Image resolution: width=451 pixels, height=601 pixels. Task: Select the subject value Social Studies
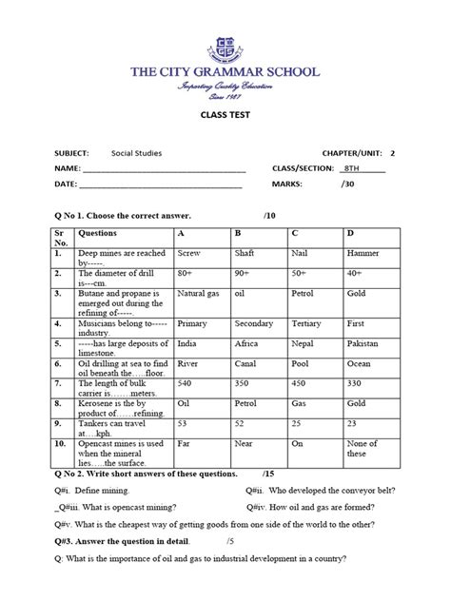[135, 152]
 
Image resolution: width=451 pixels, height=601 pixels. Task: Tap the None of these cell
[362, 449]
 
